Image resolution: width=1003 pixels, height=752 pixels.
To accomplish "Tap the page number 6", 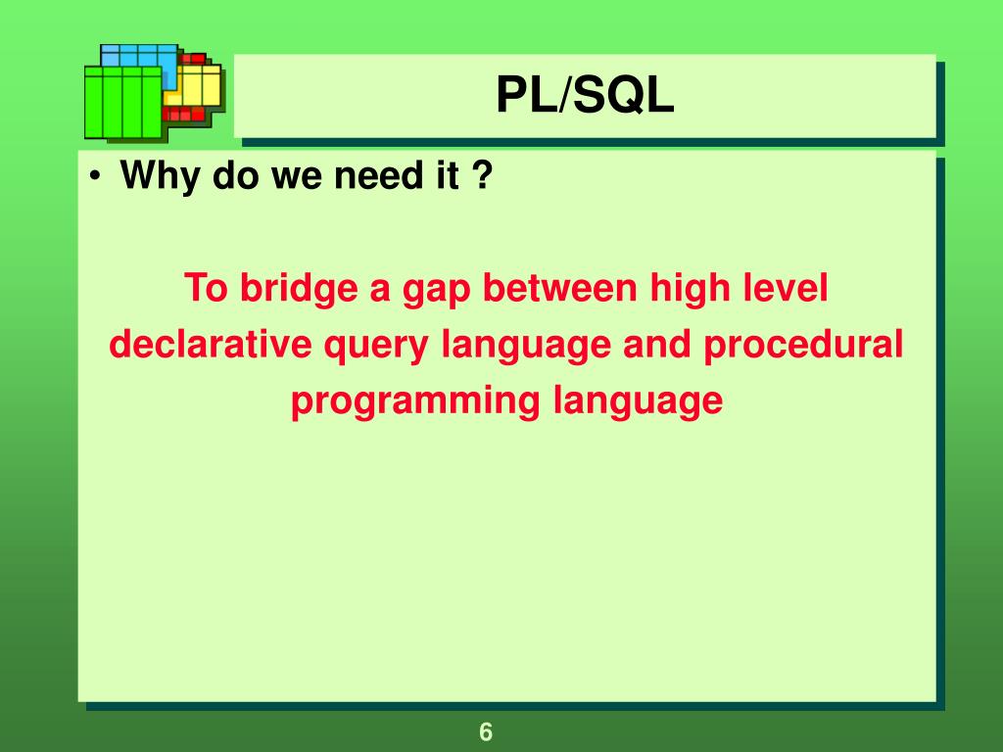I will point(486,731).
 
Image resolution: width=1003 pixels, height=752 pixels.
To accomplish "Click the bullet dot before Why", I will point(93,178).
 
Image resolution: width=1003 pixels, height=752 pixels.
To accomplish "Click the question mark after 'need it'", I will point(482,176).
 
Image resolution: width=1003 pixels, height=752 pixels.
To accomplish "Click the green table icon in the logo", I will point(122,103).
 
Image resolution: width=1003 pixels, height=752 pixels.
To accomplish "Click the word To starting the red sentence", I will point(205,290).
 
